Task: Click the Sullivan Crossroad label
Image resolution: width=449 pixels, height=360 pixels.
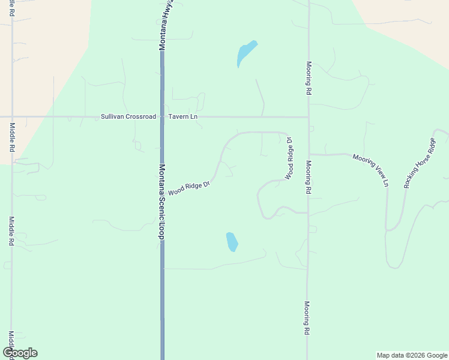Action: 128,116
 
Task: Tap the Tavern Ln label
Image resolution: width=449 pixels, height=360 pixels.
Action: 182,116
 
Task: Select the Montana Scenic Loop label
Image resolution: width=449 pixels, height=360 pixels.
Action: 161,202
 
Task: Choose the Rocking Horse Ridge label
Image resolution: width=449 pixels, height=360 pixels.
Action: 420,163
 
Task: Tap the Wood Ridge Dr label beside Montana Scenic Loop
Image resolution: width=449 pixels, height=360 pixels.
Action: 188,189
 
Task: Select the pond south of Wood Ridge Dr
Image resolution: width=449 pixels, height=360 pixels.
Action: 232,242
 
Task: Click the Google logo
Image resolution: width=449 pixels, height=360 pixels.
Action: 20,353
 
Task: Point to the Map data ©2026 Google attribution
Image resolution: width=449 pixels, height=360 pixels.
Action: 412,355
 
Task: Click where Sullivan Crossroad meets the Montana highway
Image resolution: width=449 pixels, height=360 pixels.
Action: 162,116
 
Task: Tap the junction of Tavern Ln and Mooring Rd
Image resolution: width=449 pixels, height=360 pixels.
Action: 308,117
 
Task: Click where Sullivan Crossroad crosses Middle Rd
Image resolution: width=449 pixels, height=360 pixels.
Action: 12,116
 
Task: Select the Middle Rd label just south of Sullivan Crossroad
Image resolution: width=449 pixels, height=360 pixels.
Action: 12,137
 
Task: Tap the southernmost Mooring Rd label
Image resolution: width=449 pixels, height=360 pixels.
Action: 307,317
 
